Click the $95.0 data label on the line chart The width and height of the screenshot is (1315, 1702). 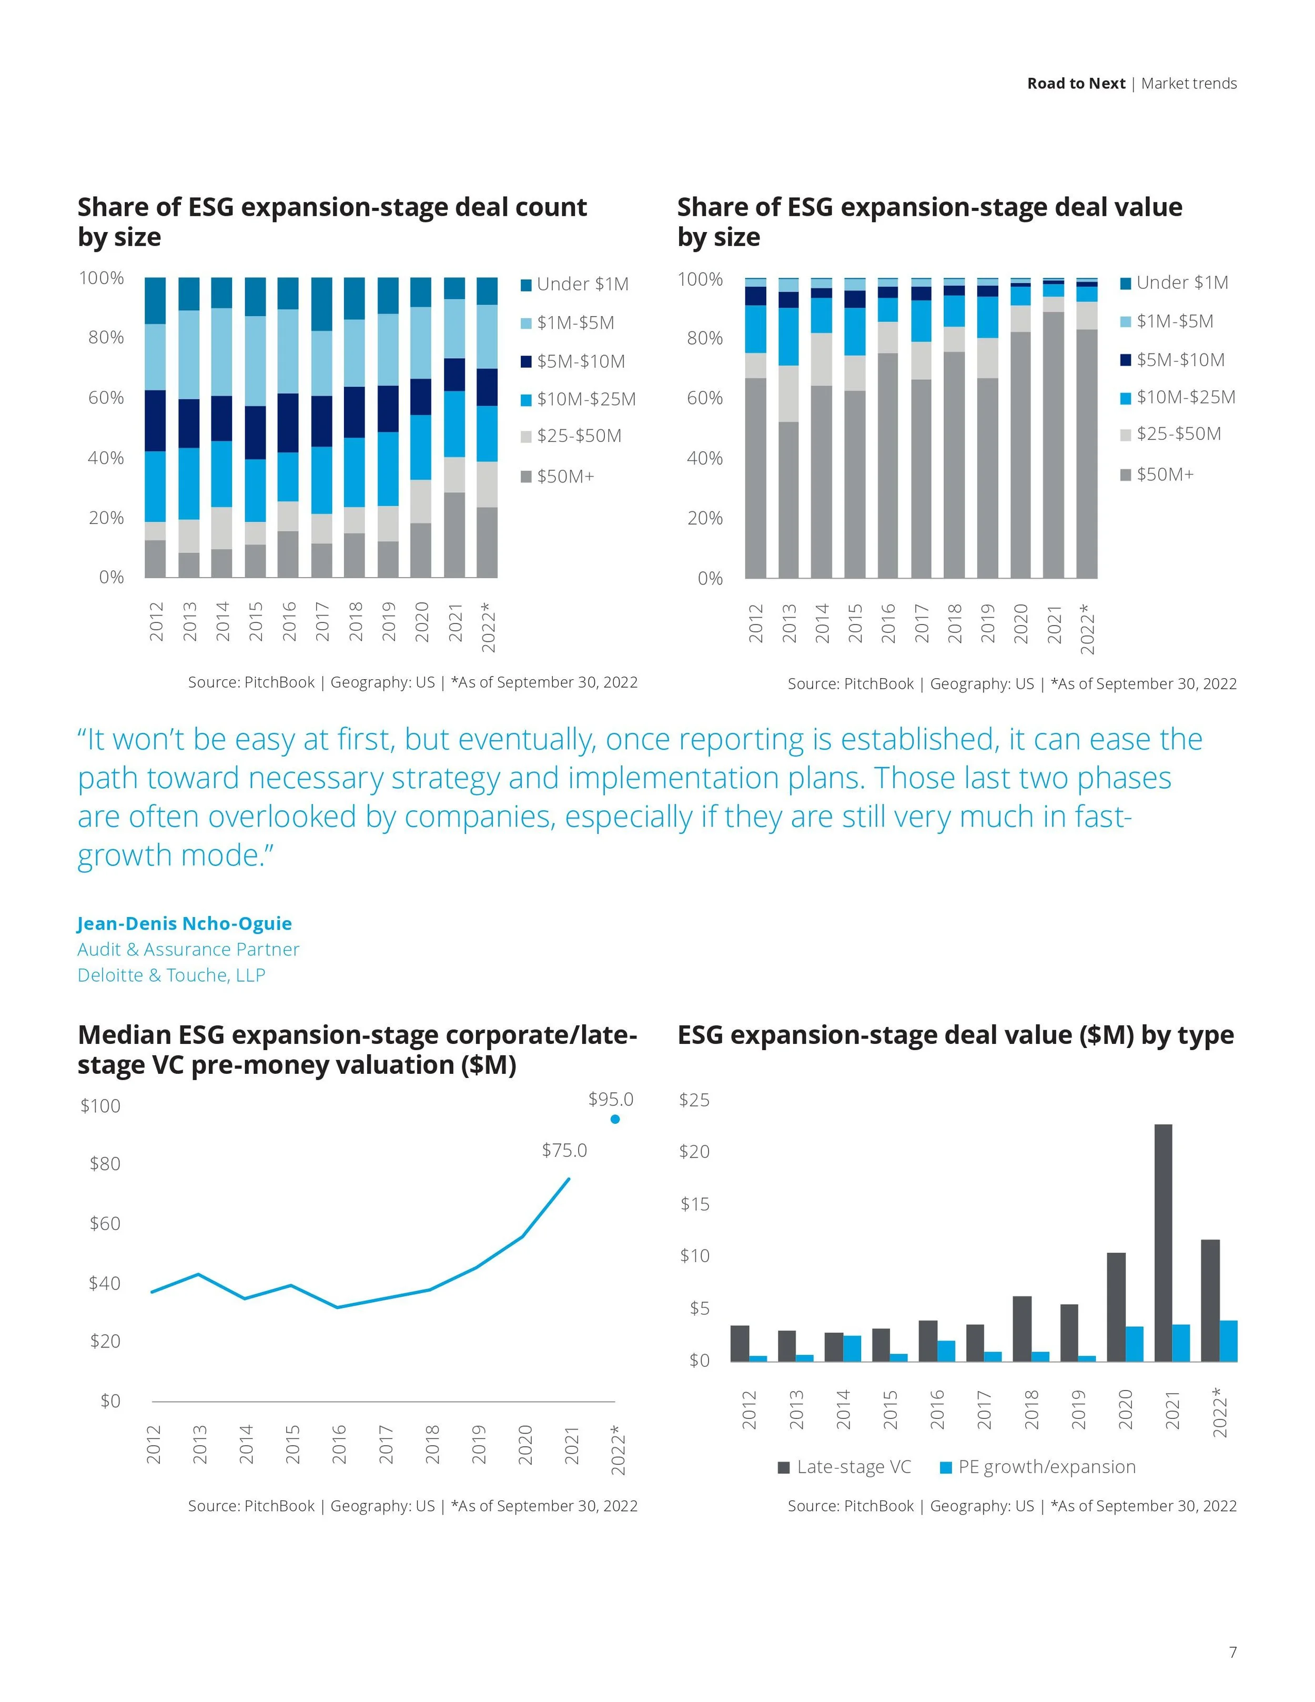coord(611,1099)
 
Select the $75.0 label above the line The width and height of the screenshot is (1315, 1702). coord(564,1150)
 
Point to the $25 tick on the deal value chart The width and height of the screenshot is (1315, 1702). coord(694,1100)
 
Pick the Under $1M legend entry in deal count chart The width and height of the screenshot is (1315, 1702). coord(582,285)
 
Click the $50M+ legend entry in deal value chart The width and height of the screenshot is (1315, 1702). coord(1165,475)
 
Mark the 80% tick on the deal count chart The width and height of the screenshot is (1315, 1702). coord(106,337)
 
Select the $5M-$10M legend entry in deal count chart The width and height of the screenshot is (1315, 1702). coord(580,361)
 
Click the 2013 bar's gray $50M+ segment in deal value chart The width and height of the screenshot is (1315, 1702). coord(788,499)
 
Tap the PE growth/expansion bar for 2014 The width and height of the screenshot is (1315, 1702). coord(852,1348)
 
